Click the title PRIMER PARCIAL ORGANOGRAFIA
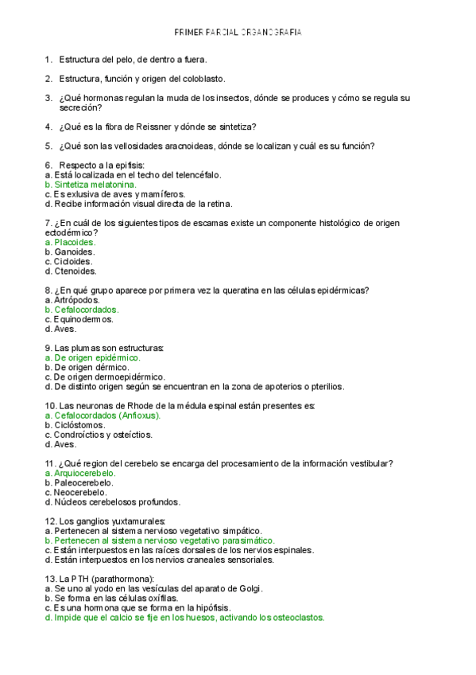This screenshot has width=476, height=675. tap(238, 33)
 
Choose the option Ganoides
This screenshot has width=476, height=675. tap(74, 252)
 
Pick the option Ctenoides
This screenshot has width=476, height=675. tap(74, 271)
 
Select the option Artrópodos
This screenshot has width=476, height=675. tap(77, 300)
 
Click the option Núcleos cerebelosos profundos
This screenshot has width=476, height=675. tap(117, 502)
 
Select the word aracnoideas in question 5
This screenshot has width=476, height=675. tap(180, 145)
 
